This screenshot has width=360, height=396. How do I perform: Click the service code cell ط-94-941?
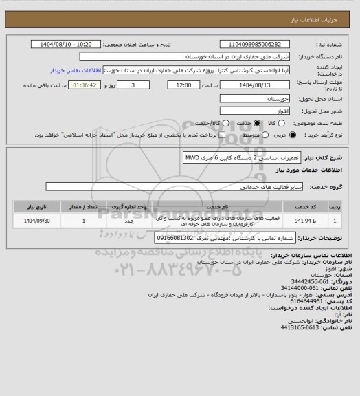click(x=304, y=221)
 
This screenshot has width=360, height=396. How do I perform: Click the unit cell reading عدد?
click(x=129, y=221)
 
